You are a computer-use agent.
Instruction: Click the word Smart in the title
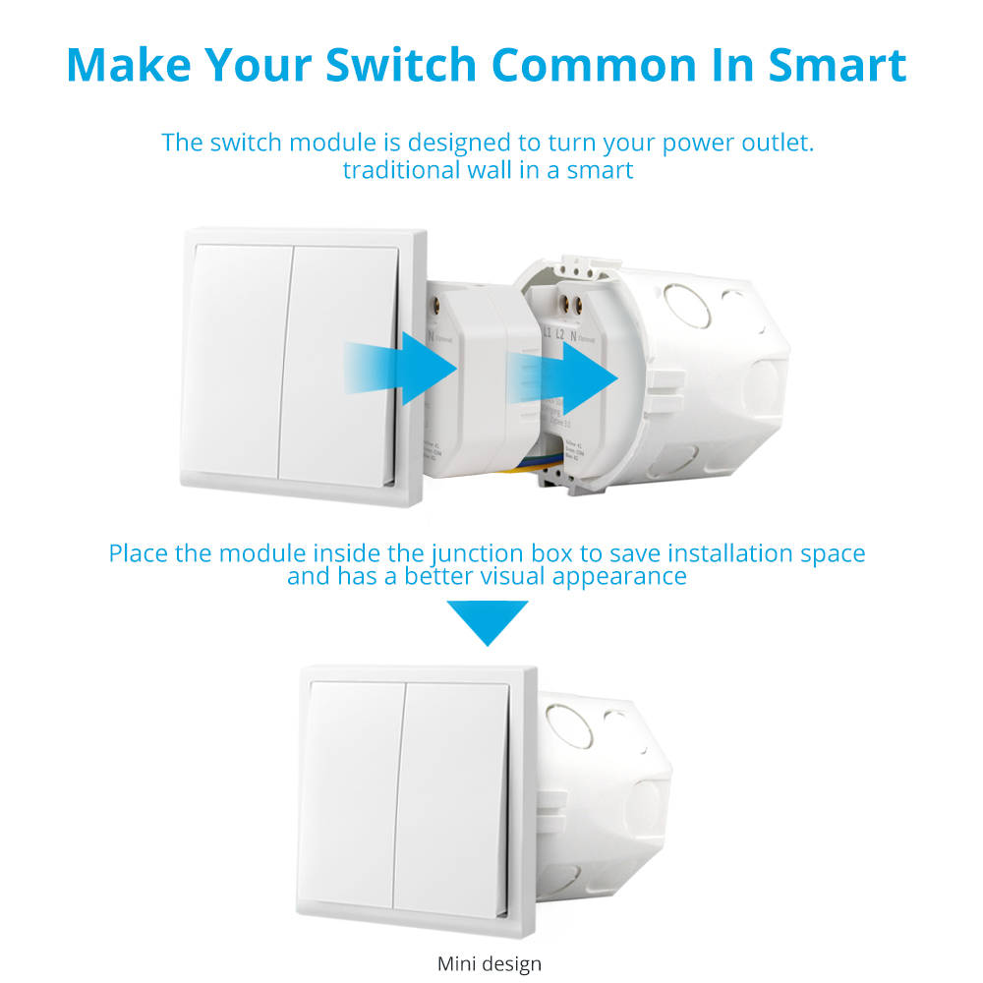coord(837,64)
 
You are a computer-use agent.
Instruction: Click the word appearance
coord(619,576)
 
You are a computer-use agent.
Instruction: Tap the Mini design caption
coord(490,963)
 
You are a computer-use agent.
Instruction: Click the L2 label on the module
coord(559,335)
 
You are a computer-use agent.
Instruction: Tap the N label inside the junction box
coord(572,335)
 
